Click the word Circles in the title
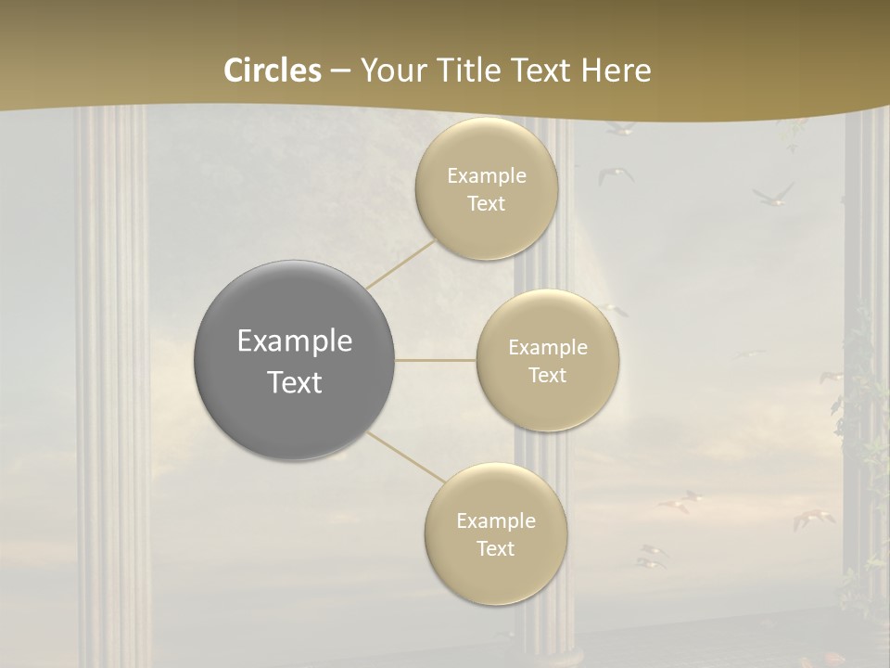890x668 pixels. [x=273, y=71]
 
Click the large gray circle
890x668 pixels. [x=294, y=360]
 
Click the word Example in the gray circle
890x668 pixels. [x=295, y=341]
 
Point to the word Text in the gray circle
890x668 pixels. [x=295, y=382]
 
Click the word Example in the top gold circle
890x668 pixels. [x=487, y=176]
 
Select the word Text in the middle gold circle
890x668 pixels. [x=547, y=376]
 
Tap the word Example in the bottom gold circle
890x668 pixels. [x=496, y=521]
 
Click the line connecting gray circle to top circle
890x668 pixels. [x=400, y=263]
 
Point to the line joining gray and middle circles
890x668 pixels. [x=436, y=360]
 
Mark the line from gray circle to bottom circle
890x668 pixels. [x=405, y=458]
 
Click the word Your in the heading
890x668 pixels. [x=389, y=71]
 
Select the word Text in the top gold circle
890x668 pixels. [x=486, y=204]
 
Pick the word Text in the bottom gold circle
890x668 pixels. [x=495, y=549]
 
